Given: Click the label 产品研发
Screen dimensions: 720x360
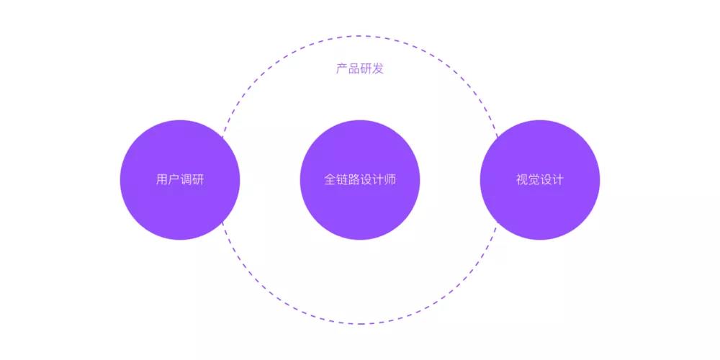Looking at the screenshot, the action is coord(359,69).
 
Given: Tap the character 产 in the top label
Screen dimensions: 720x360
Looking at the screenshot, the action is coord(341,69).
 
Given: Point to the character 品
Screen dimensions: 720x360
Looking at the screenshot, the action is coord(354,69).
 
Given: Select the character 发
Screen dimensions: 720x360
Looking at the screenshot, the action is coord(378,69).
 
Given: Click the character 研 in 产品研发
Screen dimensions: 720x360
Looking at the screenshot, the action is coord(366,69).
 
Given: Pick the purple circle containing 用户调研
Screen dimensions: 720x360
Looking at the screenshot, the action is coord(180,180).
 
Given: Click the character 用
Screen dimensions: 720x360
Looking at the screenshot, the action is coord(162,179).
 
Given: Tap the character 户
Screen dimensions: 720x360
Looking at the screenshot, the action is coord(174,179).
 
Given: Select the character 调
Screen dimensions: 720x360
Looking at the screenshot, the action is coord(186,179).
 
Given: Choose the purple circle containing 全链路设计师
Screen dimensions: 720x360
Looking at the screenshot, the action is coord(360,180).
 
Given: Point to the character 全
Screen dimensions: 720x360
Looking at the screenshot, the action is coord(330,179).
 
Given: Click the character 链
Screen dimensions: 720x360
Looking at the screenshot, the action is coord(342,179).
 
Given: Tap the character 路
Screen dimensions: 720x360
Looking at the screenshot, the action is coord(354,179).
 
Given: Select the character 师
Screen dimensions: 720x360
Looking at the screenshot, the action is coord(390,179).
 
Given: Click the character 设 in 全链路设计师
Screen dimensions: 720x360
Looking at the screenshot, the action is coord(366,179).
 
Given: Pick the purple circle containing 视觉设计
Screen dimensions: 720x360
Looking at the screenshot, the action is coord(540,180).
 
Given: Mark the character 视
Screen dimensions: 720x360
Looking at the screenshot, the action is coord(522,179).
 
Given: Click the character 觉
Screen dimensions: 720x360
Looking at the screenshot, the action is coord(534,179).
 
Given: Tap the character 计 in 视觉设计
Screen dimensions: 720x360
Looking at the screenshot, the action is coord(558,179).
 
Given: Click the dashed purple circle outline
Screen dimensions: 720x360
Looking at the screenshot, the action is coord(360,36).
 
